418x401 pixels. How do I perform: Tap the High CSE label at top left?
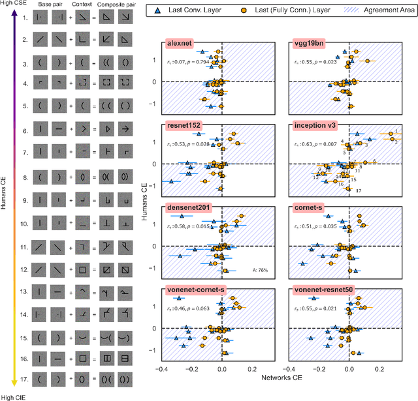click(x=14, y=5)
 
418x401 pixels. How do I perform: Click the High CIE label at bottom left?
click(x=14, y=397)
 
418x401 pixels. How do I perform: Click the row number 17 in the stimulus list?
click(x=24, y=379)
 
